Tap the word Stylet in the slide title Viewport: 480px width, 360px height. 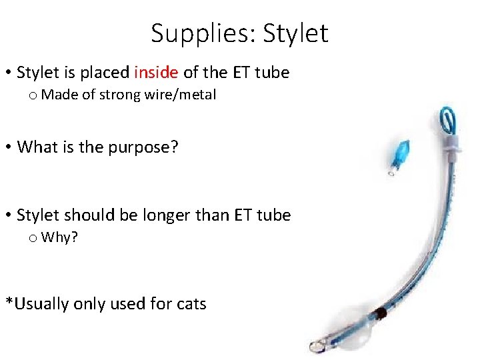[296, 33]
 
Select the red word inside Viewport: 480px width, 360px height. [156, 72]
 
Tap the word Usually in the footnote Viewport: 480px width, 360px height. [41, 304]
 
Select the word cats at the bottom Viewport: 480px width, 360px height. [192, 304]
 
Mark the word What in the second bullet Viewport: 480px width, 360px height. [38, 147]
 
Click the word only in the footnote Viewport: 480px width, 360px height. [93, 304]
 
